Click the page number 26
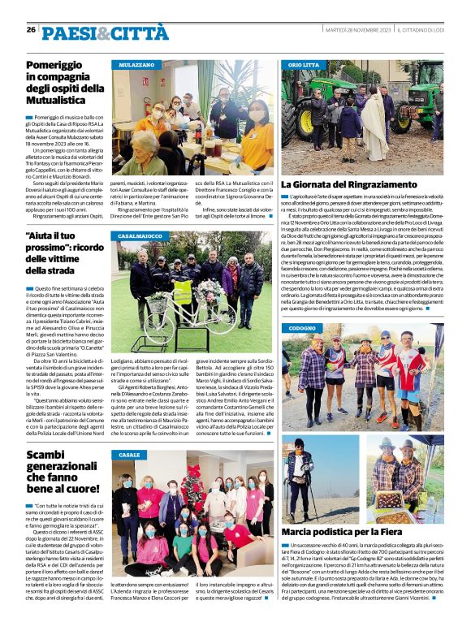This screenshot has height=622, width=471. (31, 29)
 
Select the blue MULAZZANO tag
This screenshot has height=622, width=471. (138, 63)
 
